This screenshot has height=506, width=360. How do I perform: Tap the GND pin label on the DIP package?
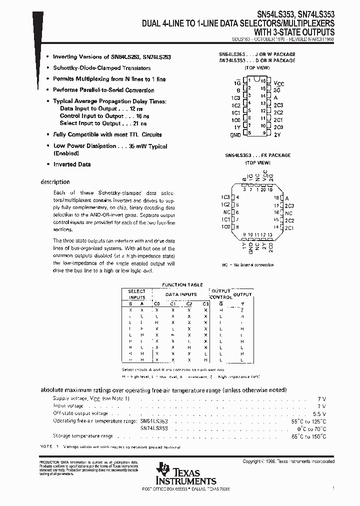click(235, 135)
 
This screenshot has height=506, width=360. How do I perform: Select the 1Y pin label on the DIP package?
click(236, 127)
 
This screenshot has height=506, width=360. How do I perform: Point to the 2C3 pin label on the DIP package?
click(278, 105)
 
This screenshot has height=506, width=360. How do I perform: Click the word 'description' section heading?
click(55, 182)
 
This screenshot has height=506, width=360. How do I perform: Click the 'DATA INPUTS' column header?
click(181, 294)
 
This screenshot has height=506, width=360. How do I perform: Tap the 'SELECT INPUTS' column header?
click(136, 294)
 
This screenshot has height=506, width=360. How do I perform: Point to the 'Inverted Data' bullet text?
click(72, 164)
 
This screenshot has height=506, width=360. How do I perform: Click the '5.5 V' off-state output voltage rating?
click(319, 413)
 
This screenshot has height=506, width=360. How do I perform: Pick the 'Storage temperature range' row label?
click(83, 436)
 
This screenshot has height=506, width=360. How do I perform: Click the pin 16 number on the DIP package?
click(263, 80)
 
